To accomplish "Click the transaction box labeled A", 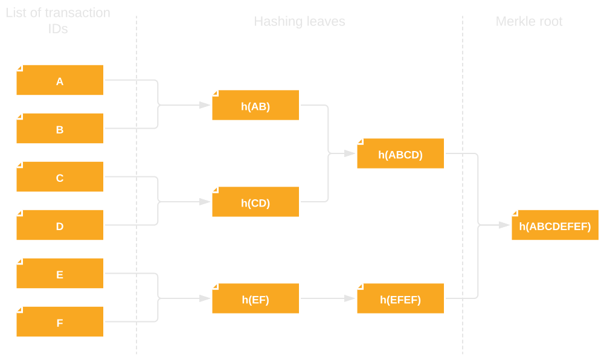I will click(60, 80).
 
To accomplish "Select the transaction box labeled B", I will click(60, 129).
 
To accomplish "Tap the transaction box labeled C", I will click(60, 177).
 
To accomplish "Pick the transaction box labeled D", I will click(60, 225).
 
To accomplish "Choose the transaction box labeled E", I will click(60, 274).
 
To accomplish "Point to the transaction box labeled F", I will click(60, 322).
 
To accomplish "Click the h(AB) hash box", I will click(255, 106).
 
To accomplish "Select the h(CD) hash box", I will click(255, 202).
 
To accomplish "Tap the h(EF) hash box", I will click(255, 299).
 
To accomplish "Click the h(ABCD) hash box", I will click(400, 154).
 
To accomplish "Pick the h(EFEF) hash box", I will click(400, 299).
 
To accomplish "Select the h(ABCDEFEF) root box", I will click(554, 226).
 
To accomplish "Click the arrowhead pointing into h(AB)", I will click(205, 105).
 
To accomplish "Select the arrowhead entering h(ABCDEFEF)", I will click(504, 225).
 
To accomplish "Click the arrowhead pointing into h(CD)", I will click(205, 202).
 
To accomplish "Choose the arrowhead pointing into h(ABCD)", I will click(350, 153).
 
